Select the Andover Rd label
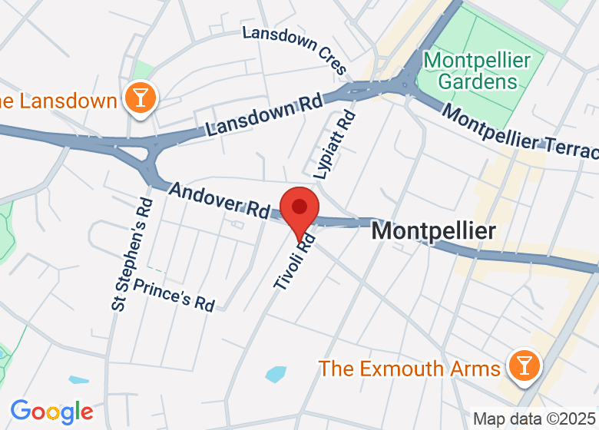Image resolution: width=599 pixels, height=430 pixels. click(x=218, y=200)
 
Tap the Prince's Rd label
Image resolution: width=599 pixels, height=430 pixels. click(x=174, y=295)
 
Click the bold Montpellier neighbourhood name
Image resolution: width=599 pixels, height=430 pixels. click(x=434, y=231)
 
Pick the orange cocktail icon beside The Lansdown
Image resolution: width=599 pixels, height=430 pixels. click(x=140, y=98)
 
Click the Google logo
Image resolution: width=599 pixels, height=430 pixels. click(x=51, y=412)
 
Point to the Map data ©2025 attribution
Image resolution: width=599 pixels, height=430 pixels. click(x=534, y=419)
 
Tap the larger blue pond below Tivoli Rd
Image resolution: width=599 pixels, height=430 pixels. click(x=275, y=375)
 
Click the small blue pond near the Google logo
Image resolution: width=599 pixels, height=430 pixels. click(x=78, y=380)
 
